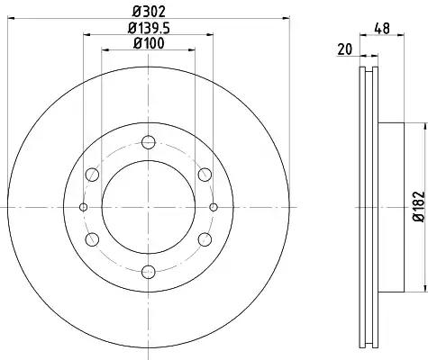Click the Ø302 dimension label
(x=150, y=12)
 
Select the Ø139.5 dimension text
(x=150, y=28)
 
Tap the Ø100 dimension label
(x=150, y=43)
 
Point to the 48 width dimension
(x=382, y=28)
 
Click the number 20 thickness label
(x=344, y=49)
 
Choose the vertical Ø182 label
(x=419, y=207)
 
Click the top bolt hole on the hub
(x=149, y=142)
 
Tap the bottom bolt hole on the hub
(x=149, y=272)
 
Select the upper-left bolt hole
(x=92, y=175)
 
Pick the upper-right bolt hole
(x=205, y=175)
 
